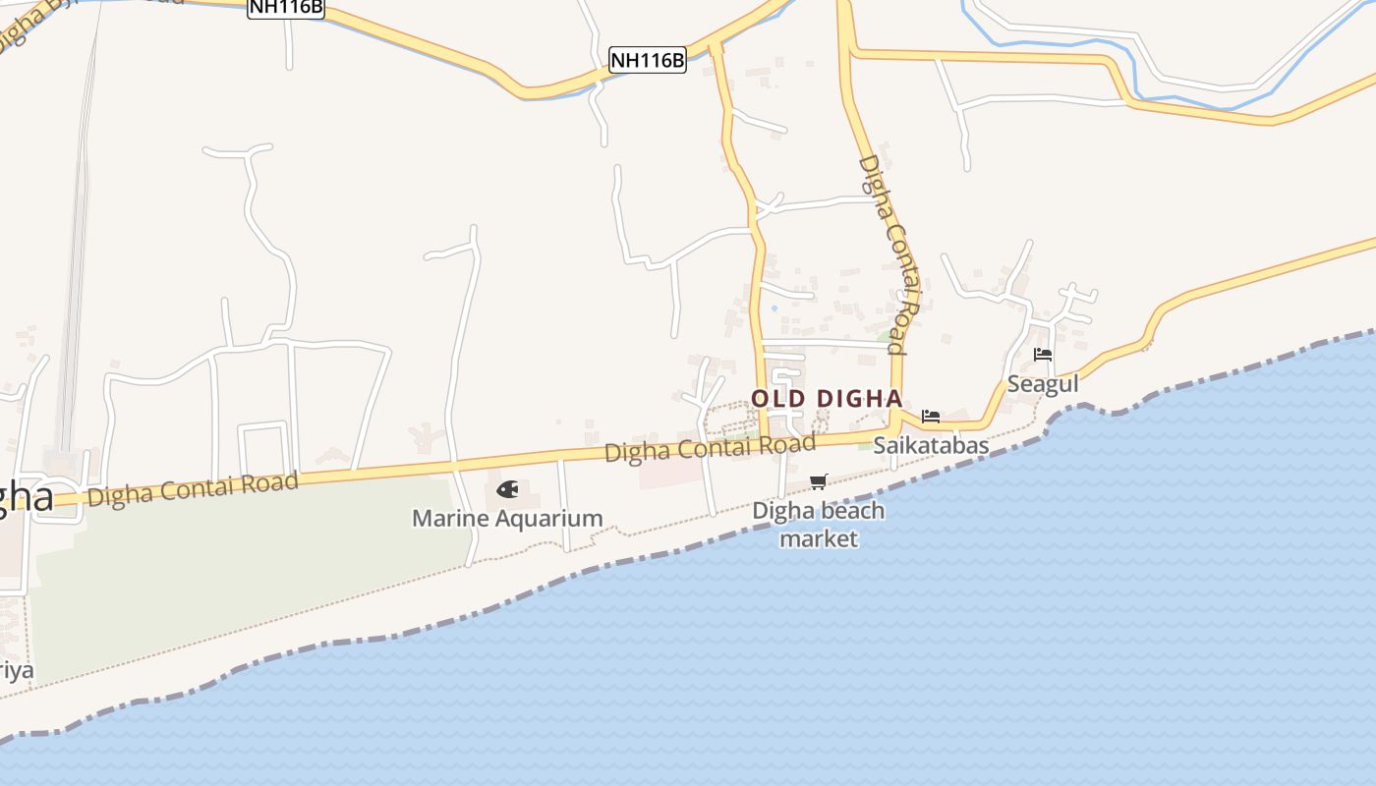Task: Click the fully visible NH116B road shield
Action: tap(647, 60)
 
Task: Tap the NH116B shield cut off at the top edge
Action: tap(285, 8)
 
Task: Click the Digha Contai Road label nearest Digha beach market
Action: tap(710, 448)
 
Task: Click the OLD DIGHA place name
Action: tap(827, 399)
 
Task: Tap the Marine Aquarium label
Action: tap(507, 518)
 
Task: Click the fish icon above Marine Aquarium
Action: tap(507, 489)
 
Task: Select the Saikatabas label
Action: tap(931, 445)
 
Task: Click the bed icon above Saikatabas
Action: tap(931, 417)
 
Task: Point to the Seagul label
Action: tap(1043, 384)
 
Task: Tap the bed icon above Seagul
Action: tap(1043, 355)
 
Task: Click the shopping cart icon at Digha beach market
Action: tap(818, 481)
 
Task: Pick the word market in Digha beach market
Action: tap(819, 538)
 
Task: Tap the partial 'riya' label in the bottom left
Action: tap(16, 671)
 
